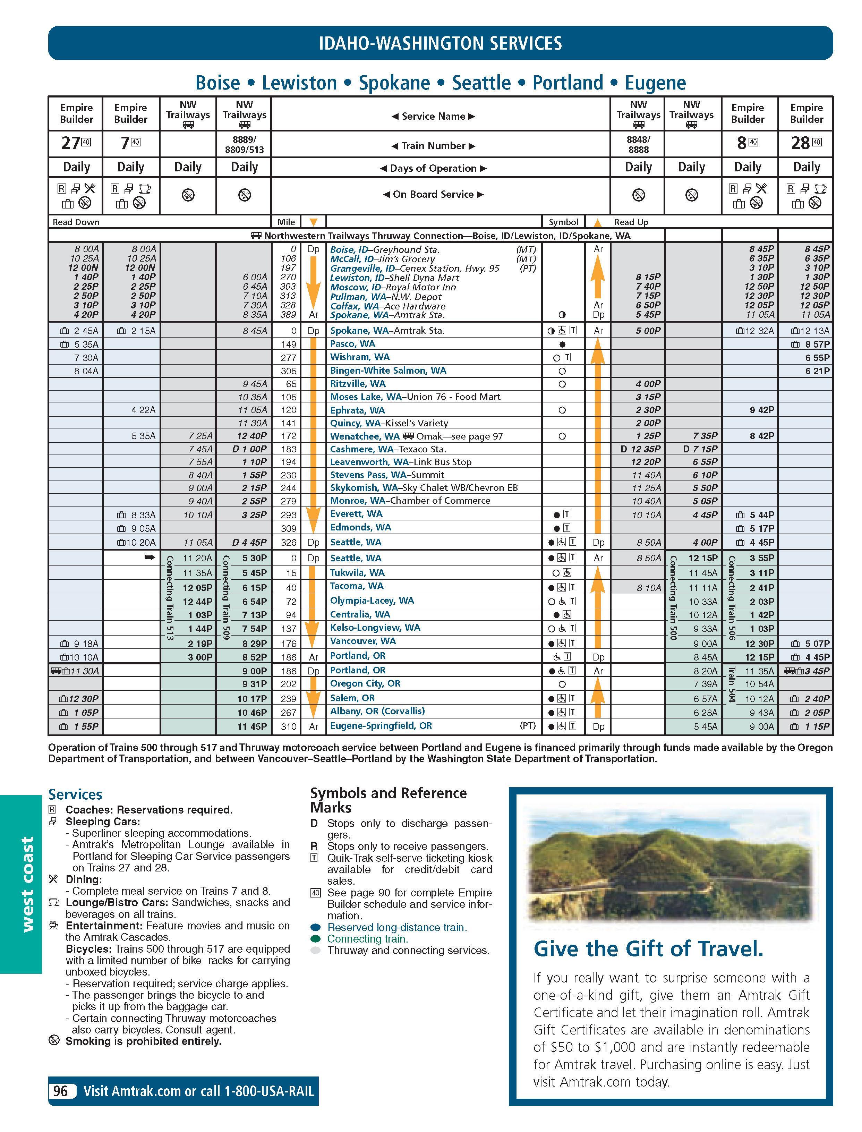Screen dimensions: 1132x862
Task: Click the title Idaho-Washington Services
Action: pos(440,43)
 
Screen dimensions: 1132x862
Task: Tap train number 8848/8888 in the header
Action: pos(638,145)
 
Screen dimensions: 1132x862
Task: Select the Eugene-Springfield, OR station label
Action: pos(381,726)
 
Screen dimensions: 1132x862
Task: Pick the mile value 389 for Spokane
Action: pos(288,315)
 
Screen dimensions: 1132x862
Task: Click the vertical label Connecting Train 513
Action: pos(170,598)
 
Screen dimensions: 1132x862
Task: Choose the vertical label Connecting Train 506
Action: pos(732,598)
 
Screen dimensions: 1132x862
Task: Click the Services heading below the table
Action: pos(75,795)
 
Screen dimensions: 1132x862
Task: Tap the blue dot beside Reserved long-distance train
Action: pos(316,927)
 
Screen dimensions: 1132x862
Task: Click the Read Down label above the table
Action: pos(76,222)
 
